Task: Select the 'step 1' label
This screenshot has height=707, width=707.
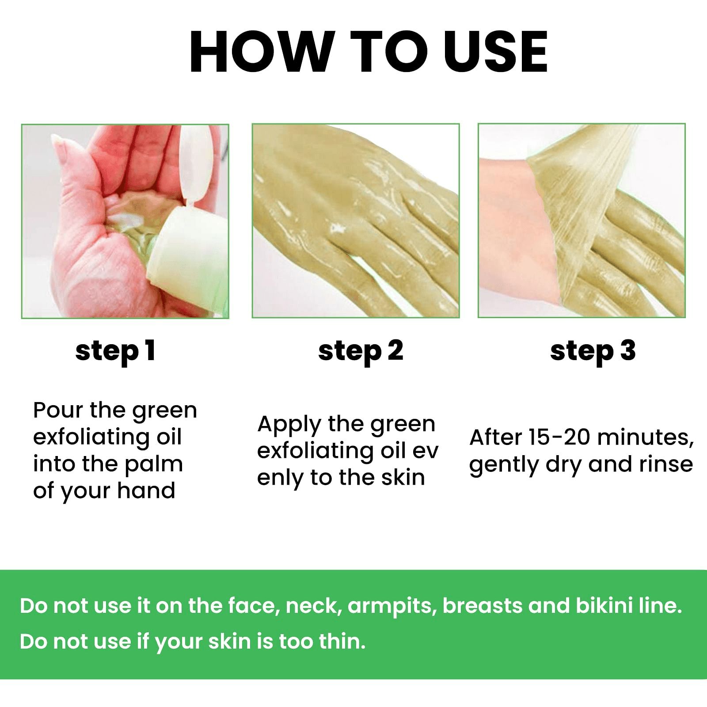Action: (115, 351)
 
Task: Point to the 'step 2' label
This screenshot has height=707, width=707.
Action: (361, 351)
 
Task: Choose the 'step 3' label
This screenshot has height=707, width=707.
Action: (593, 351)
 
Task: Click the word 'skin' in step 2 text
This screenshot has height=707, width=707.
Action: (403, 478)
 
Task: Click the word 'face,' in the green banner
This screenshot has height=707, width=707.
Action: (254, 605)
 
